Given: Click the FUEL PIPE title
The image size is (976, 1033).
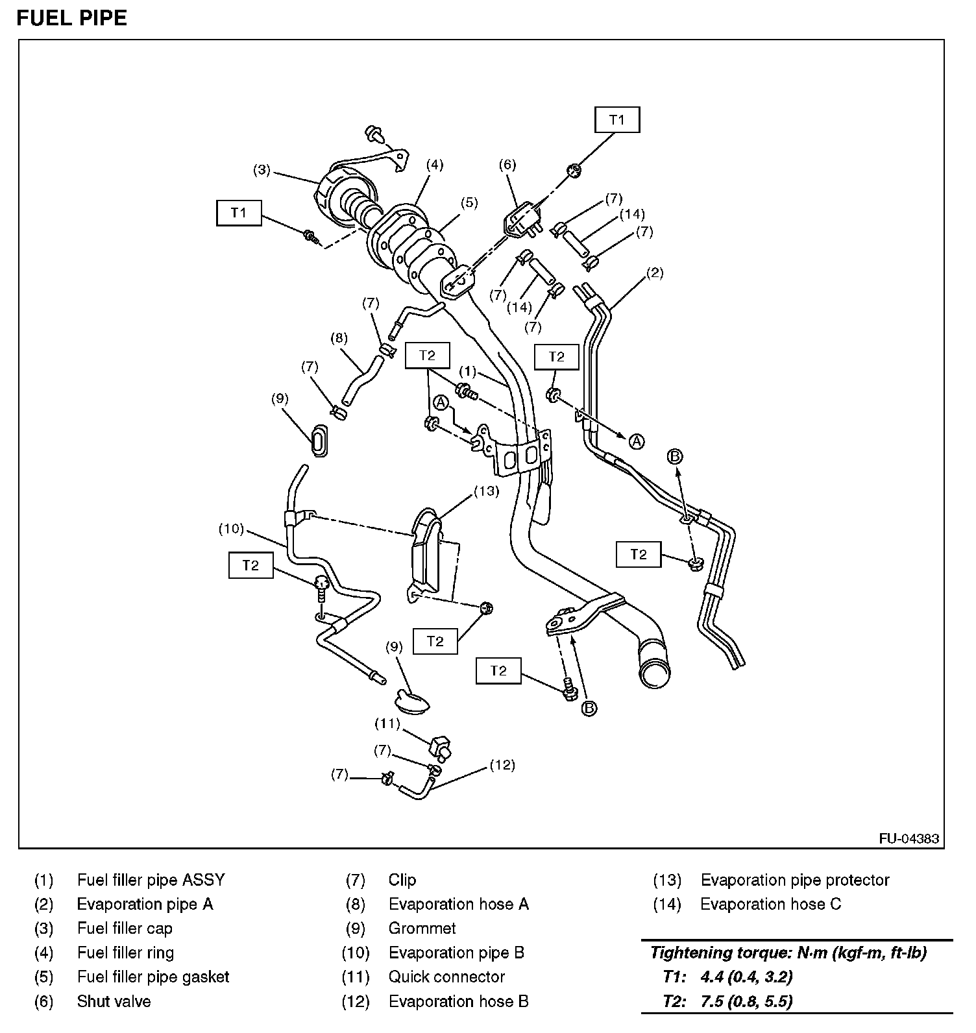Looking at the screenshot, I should point(71,18).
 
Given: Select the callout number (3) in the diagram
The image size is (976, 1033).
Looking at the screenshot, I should point(262,171).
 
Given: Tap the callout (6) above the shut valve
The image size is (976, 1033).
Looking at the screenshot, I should point(507,165).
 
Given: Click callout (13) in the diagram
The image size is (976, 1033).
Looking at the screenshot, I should point(486,491).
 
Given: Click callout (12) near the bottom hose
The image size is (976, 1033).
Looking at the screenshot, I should point(502,765).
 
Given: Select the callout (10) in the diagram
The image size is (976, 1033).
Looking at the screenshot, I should point(231,529).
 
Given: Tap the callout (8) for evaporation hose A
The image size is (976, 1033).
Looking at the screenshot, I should point(339,338).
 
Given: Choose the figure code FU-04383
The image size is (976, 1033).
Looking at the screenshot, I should point(909,838).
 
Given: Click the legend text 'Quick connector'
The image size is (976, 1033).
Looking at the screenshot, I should point(446,977).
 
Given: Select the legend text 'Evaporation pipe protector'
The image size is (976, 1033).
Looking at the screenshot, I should point(794,881).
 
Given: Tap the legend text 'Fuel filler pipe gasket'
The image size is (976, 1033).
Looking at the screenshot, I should point(153,977).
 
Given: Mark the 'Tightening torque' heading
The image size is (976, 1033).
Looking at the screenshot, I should point(788,953).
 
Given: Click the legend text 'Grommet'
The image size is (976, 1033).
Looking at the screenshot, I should point(422,929).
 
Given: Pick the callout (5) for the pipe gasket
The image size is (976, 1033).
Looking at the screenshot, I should point(469,203).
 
